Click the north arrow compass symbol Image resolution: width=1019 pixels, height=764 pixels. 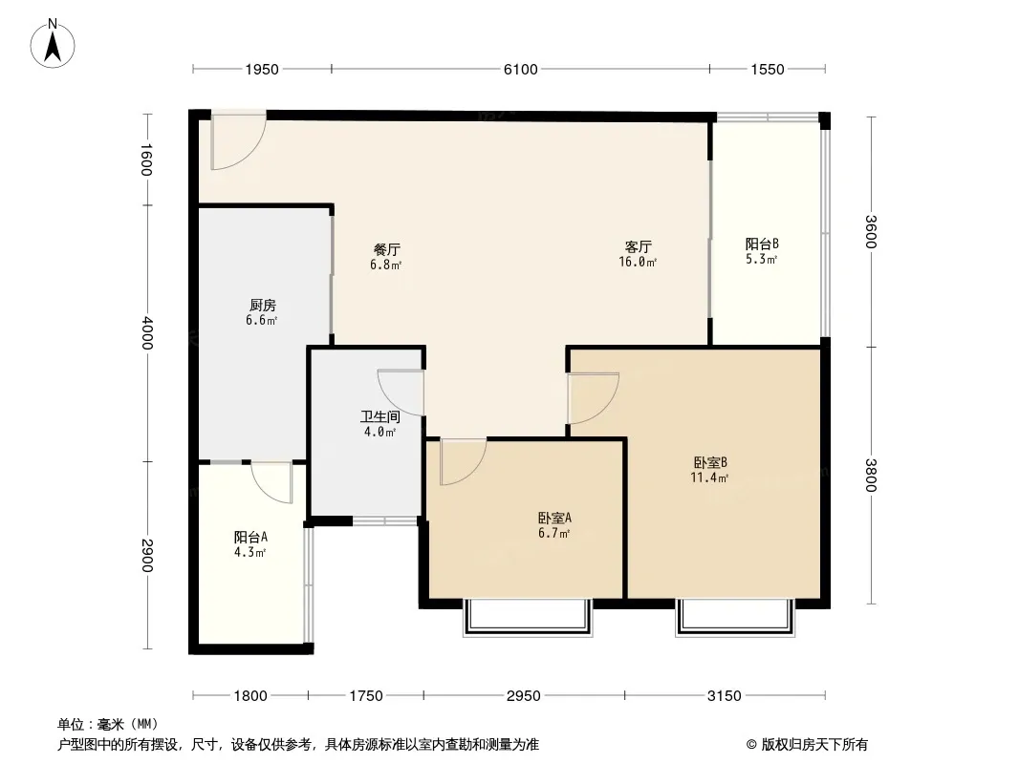click(53, 44)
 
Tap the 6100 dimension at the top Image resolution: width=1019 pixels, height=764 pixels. click(521, 70)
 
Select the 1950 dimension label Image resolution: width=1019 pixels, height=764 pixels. click(262, 70)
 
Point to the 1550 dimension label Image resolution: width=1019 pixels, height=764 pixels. click(768, 70)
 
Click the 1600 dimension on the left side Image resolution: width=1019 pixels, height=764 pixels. click(146, 159)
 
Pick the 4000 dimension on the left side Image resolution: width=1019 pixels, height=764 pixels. click(146, 333)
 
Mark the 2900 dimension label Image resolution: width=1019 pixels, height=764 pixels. click(146, 556)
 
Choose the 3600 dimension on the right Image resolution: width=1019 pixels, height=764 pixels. click(872, 231)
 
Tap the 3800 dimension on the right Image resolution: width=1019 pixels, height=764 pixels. click(872, 476)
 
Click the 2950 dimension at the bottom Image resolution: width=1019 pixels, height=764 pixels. click(524, 696)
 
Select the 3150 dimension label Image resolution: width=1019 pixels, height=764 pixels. click(724, 696)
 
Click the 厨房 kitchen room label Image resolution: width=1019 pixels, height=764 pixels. click(263, 305)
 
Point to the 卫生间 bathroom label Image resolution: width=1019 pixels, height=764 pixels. click(380, 416)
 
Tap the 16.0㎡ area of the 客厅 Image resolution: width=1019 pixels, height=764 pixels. click(638, 262)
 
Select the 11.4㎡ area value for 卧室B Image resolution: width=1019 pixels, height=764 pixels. click(709, 477)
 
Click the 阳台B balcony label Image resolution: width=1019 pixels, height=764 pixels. click(762, 244)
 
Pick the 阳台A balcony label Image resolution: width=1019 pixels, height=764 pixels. click(250, 538)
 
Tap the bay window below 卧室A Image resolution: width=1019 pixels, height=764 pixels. click(528, 617)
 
